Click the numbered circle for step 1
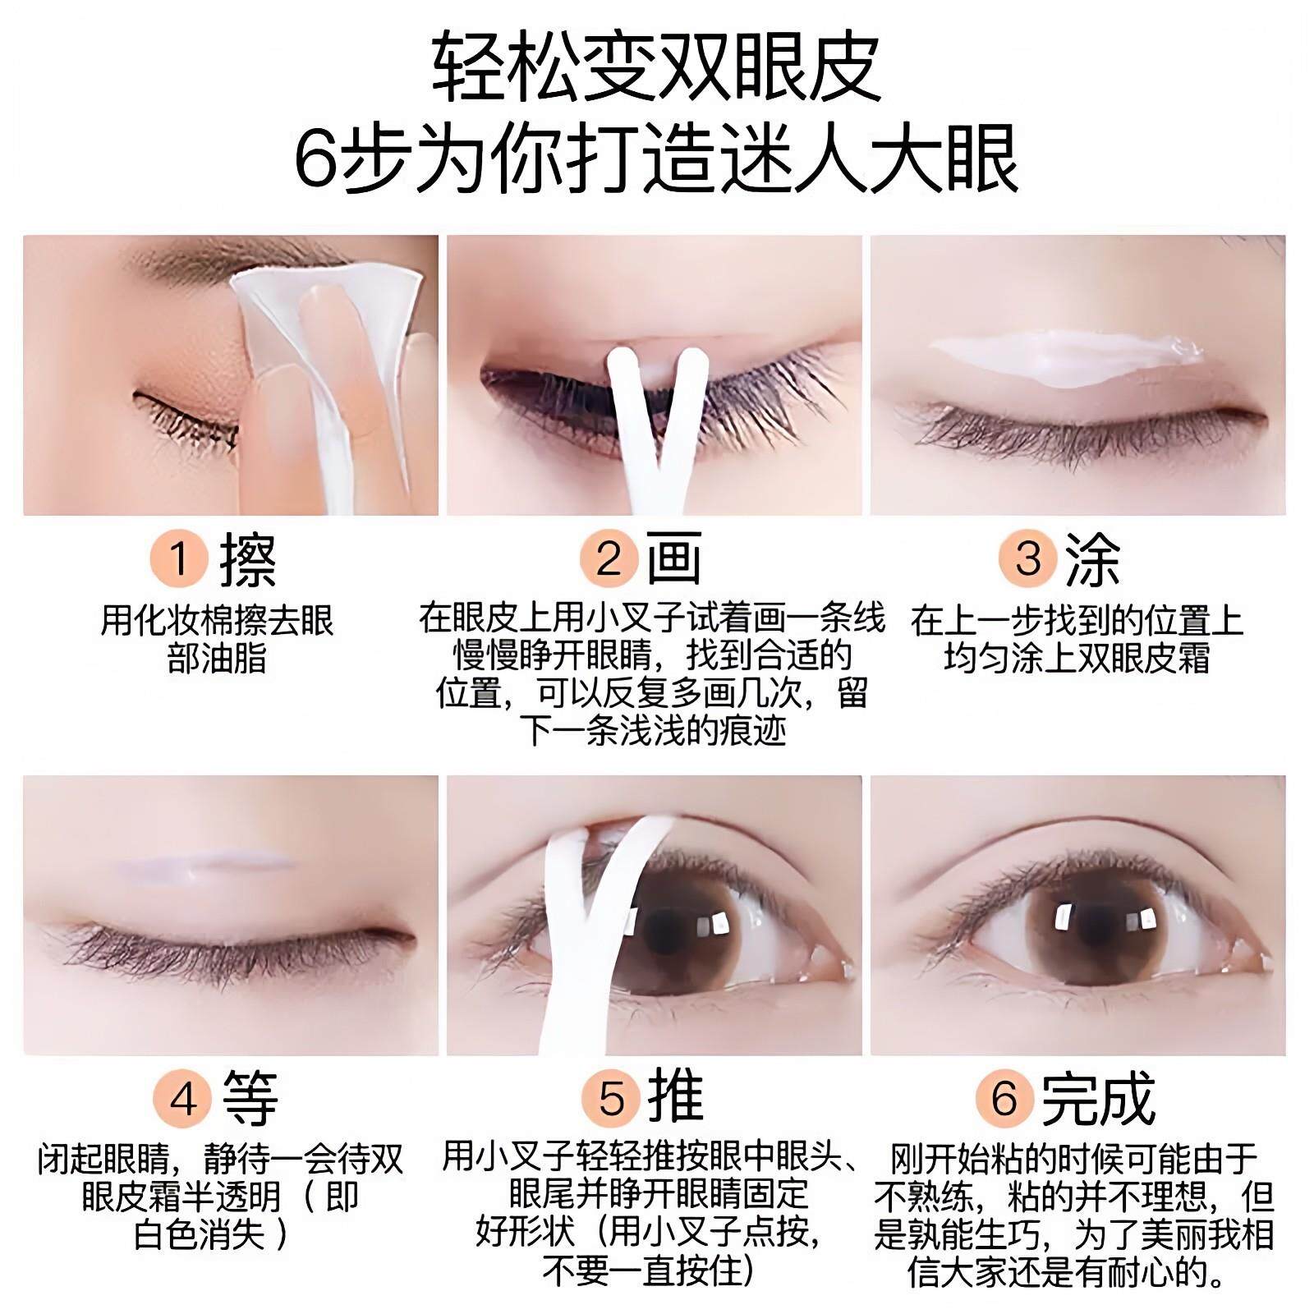178,559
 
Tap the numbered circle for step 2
608,559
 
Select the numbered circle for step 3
1027,559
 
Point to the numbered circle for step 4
182,1098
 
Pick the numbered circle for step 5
611,1098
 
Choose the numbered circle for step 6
1004,1098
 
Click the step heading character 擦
247,560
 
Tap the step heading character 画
673,558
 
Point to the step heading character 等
250,1099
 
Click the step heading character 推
676,1097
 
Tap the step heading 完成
1098,1098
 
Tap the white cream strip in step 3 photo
1068,359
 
